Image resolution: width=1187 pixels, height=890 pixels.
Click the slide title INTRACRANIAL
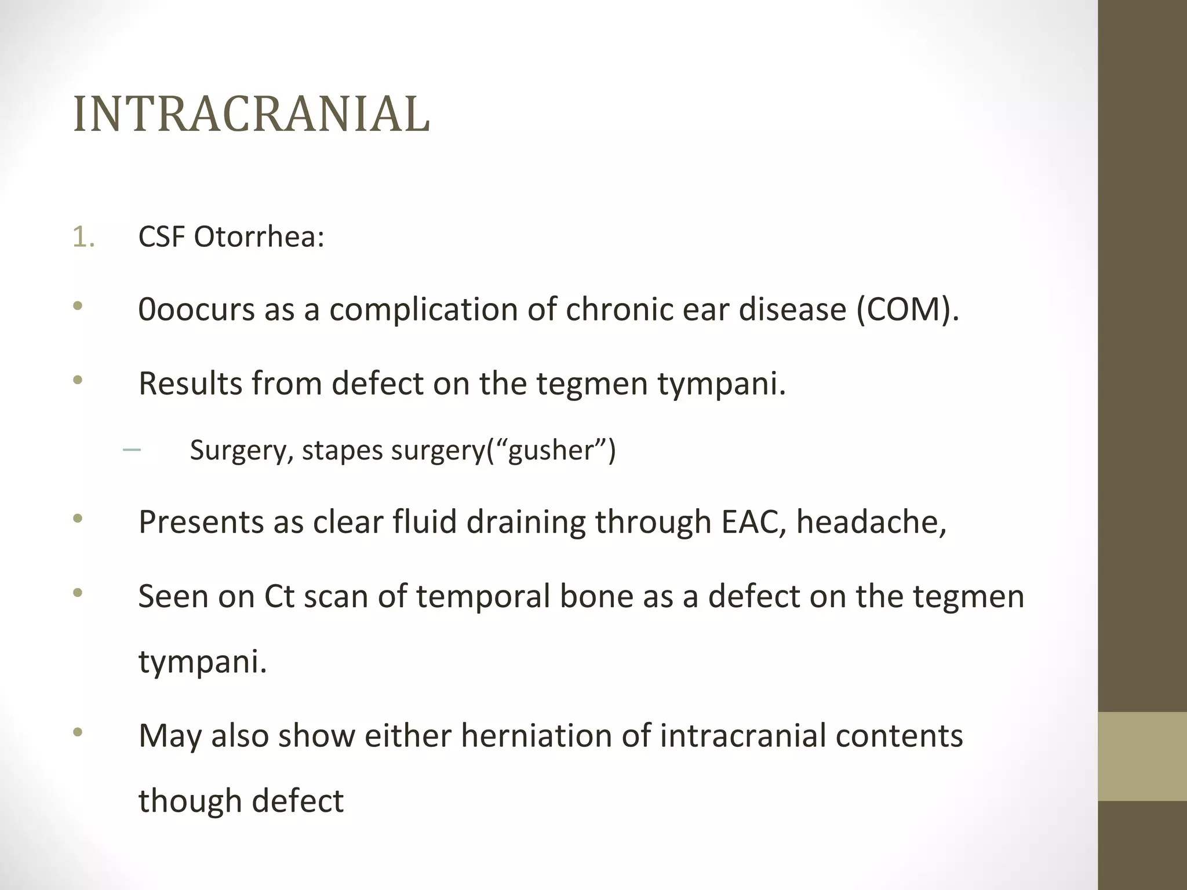[252, 114]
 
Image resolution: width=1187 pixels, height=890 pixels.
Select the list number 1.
[83, 237]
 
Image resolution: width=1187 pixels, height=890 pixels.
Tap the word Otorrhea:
[258, 237]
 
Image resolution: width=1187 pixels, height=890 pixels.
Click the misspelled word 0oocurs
[196, 309]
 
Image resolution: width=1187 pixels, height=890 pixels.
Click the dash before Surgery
[132, 450]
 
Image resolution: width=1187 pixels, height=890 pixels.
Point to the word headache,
[871, 522]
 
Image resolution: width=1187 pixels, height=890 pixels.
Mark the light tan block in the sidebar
[1142, 756]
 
